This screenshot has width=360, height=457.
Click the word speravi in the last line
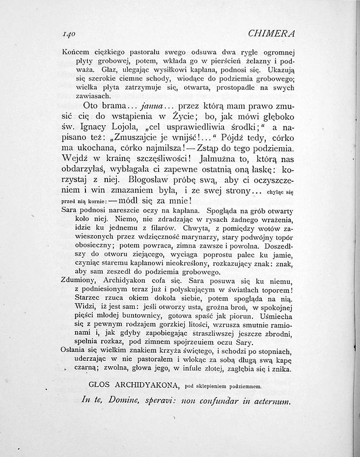click(161, 401)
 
